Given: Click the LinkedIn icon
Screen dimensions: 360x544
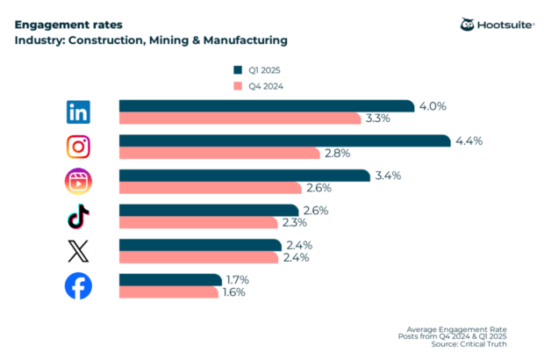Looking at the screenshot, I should (79, 112).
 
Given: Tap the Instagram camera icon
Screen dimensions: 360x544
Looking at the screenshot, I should (79, 147).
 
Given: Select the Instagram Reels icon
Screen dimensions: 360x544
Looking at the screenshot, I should (79, 182).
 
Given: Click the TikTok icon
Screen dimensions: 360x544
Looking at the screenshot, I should (79, 216).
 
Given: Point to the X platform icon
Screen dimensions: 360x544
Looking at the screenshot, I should (79, 251).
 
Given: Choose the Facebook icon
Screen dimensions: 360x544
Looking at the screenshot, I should (79, 286).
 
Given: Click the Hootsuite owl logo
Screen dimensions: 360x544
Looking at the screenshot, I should (468, 25).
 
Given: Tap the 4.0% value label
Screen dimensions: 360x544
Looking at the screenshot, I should (433, 106).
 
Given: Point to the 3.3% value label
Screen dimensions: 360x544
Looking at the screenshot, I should (380, 119).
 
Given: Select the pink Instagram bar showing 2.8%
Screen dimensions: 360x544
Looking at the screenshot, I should (219, 153).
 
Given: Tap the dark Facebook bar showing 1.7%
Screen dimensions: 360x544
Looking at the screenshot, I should (170, 280).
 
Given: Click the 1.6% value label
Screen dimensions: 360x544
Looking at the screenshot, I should (233, 292).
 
